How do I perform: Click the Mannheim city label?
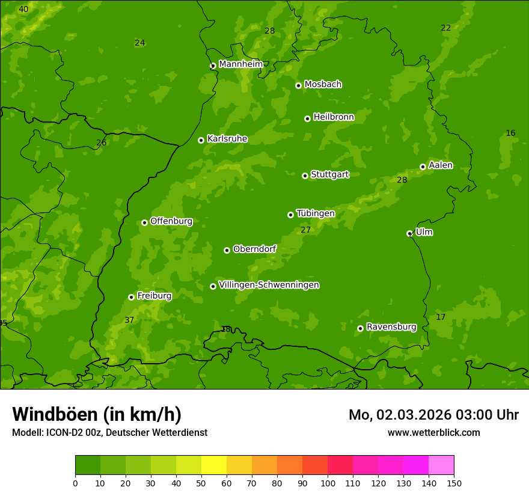click(x=240, y=64)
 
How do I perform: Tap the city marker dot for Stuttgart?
click(x=305, y=176)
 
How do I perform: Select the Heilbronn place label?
click(x=334, y=117)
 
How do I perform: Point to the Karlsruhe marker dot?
click(x=201, y=140)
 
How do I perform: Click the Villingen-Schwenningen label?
click(x=269, y=285)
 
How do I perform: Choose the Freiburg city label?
click(x=154, y=296)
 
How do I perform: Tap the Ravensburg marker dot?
click(x=360, y=328)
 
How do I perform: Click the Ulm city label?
click(x=424, y=232)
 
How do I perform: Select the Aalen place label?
click(x=441, y=165)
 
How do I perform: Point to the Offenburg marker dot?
click(x=144, y=222)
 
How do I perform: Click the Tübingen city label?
click(x=316, y=213)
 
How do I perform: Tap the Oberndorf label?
click(x=254, y=249)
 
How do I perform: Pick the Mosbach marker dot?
click(x=298, y=85)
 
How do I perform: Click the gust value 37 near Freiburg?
click(x=129, y=320)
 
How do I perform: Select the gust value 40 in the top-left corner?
click(x=23, y=10)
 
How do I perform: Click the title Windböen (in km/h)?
click(x=97, y=414)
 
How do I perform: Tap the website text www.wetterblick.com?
click(x=433, y=432)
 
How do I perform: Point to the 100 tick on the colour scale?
click(x=328, y=483)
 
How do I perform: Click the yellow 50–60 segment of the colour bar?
click(x=214, y=465)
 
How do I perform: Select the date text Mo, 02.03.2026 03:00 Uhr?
click(x=433, y=415)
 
